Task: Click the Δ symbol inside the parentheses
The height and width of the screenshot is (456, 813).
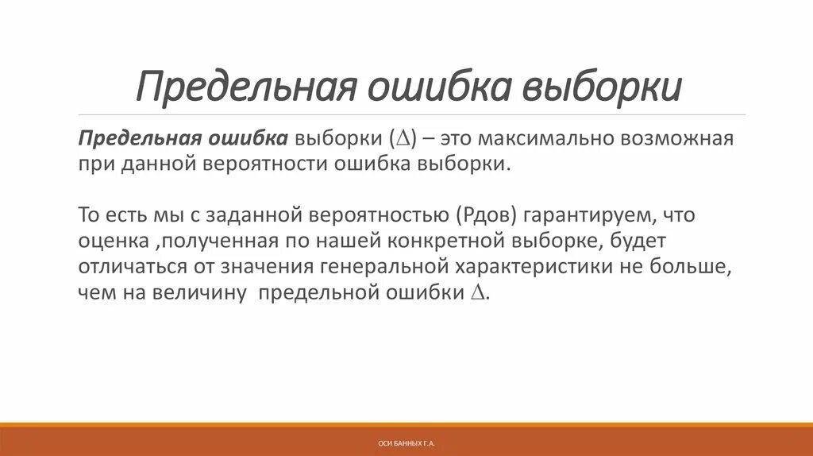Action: pos(400,139)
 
